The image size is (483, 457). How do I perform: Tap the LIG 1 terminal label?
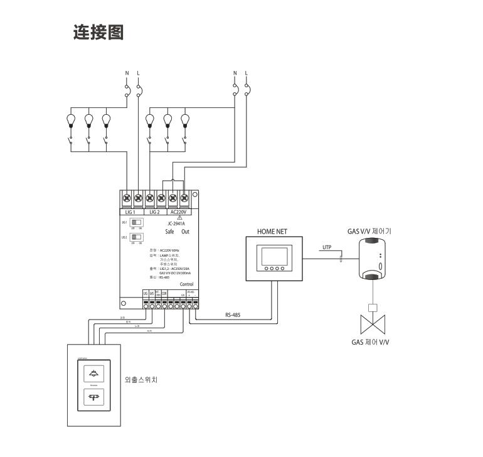pos(131,212)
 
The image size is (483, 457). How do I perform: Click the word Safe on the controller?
pos(169,232)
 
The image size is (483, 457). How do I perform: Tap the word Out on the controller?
pos(186,232)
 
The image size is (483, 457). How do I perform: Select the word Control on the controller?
pos(186,284)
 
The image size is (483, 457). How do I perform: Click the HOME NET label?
pos(272,231)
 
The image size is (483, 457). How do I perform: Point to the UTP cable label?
pos(326,247)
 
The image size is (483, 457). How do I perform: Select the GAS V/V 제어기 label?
pos(369,231)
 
